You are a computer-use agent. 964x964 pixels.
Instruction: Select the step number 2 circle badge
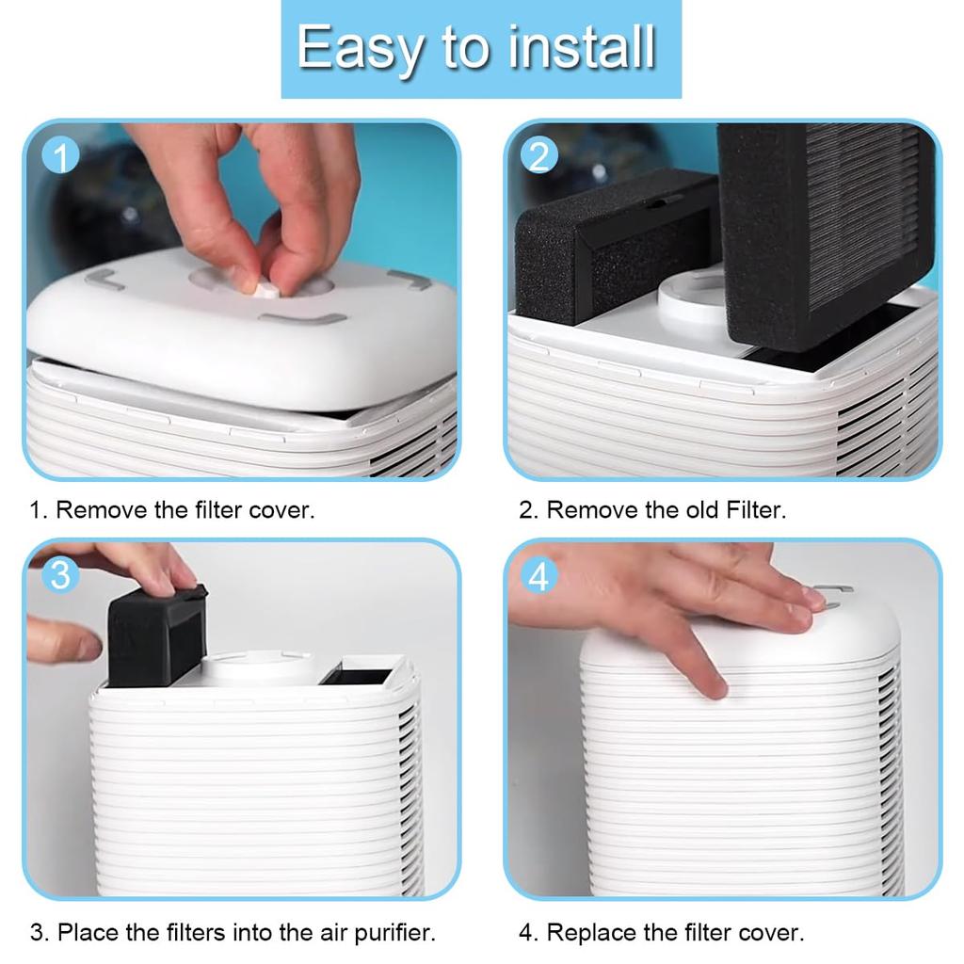538,155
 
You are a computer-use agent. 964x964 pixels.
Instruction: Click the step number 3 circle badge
60,574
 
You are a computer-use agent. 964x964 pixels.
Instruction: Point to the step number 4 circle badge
538,576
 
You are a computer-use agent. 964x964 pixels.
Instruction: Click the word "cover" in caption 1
280,510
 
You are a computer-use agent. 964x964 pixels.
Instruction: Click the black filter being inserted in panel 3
155,638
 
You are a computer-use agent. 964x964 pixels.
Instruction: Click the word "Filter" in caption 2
755,510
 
